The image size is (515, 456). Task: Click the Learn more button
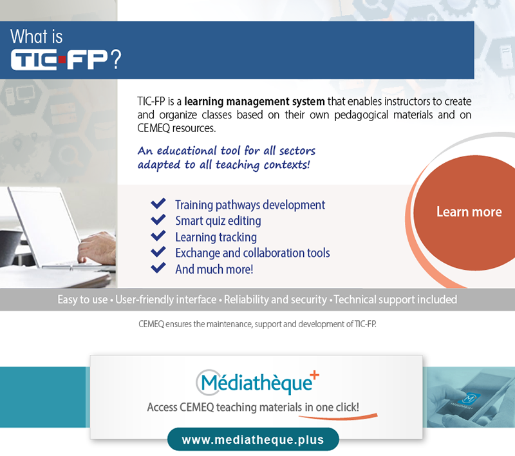tap(466, 213)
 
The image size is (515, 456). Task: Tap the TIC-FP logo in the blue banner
tap(59, 59)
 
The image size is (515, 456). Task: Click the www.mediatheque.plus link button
tap(253, 439)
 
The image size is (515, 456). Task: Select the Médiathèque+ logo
tap(257, 383)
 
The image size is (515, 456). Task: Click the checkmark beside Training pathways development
tap(158, 204)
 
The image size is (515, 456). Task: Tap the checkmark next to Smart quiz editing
tap(158, 220)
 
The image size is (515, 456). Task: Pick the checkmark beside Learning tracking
tap(158, 236)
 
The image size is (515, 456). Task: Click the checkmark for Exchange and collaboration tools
tap(158, 252)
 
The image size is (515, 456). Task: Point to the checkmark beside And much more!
tap(158, 268)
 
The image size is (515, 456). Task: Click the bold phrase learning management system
tap(254, 102)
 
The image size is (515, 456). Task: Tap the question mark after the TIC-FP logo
tap(116, 59)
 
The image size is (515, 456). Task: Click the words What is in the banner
tap(37, 36)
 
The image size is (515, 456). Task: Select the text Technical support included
tap(395, 299)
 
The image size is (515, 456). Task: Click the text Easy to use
tap(83, 299)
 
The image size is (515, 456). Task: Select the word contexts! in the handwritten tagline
tap(286, 165)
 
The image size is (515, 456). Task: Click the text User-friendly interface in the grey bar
tap(166, 299)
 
